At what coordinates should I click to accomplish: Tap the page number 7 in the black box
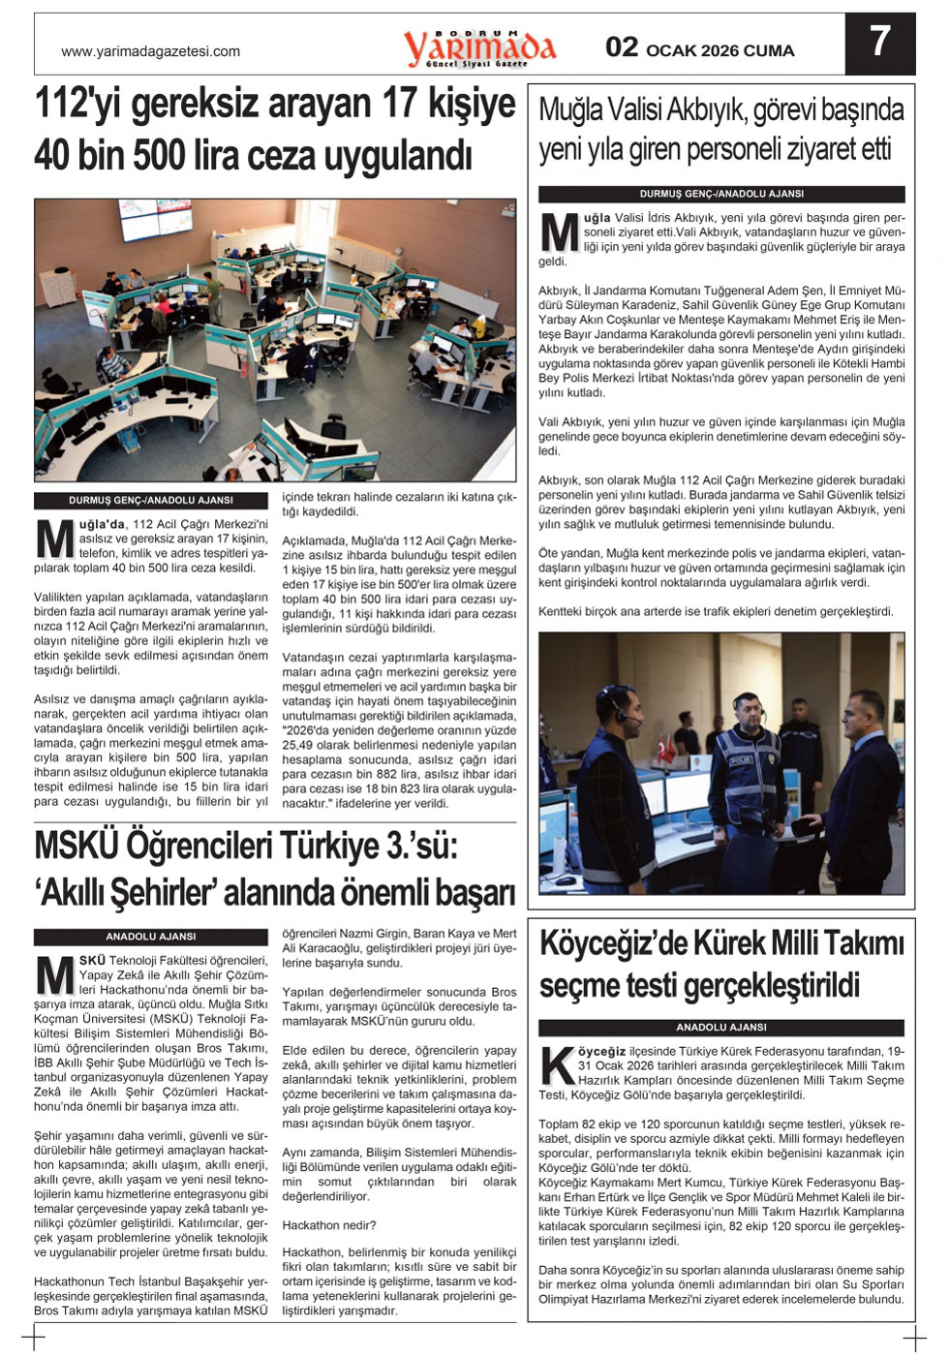click(x=878, y=43)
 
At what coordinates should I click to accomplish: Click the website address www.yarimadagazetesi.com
click(x=150, y=51)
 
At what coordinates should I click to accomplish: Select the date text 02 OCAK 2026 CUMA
click(x=699, y=49)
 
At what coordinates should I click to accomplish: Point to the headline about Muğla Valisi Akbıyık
click(x=720, y=130)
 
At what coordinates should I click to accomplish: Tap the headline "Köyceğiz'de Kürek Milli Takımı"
click(x=720, y=963)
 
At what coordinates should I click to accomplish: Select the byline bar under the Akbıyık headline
click(x=720, y=194)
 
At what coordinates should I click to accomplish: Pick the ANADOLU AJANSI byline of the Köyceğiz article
click(x=720, y=1027)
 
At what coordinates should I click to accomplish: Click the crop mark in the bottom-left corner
click(x=34, y=1340)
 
